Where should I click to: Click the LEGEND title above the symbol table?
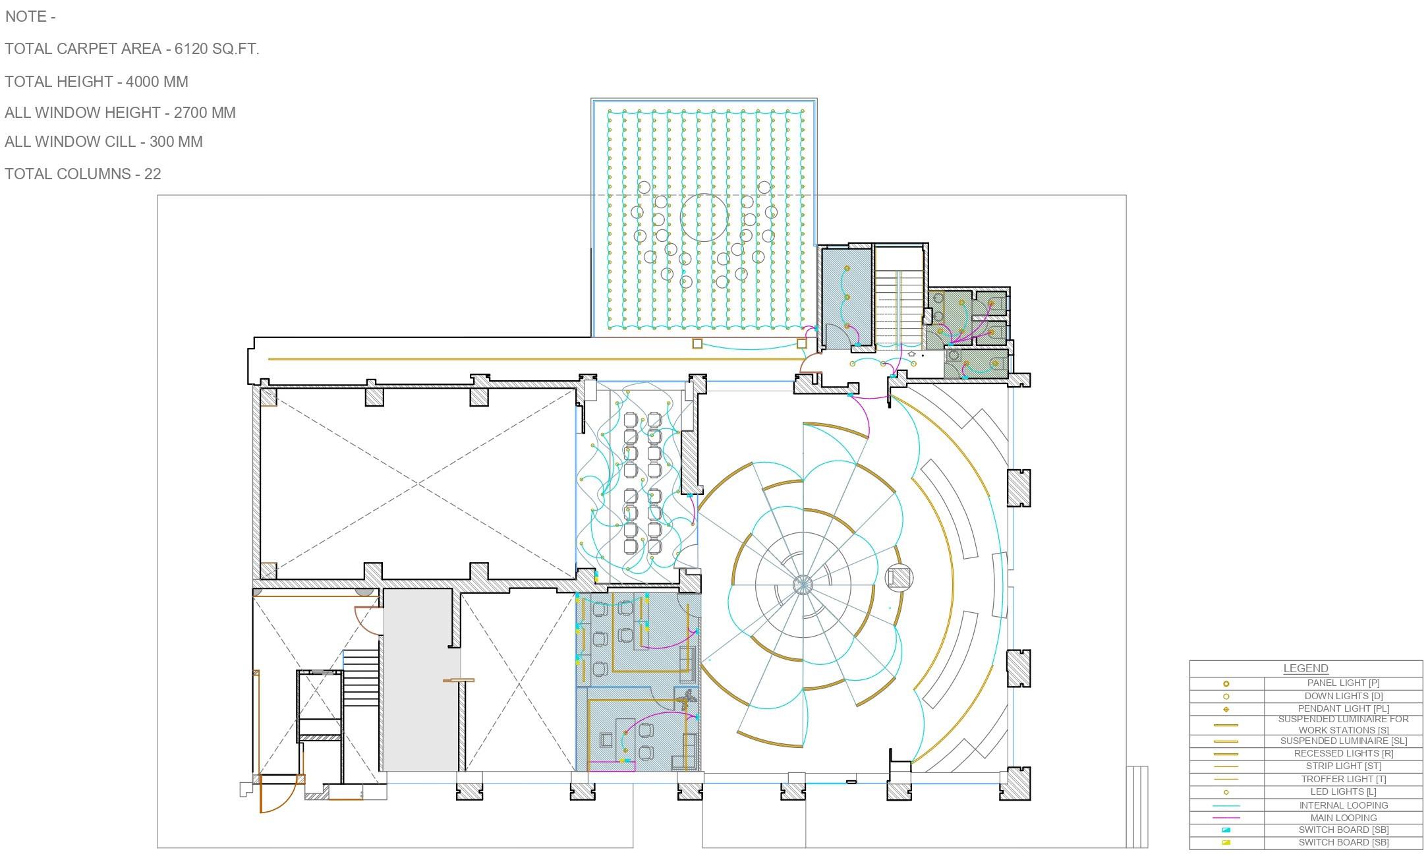[x=1305, y=668]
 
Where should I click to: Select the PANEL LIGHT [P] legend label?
[x=1343, y=683]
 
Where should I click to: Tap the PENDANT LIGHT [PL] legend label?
[x=1343, y=708]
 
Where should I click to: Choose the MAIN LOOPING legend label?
[x=1343, y=818]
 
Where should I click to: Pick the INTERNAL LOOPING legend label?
[x=1343, y=805]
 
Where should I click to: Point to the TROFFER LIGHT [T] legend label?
[x=1343, y=779]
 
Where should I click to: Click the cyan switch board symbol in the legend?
[x=1226, y=830]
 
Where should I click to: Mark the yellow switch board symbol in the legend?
[x=1226, y=843]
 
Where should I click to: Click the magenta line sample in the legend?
[x=1226, y=818]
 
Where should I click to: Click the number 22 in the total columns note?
[x=152, y=174]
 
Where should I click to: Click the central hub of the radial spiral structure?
[x=803, y=585]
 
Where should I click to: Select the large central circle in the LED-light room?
[x=704, y=217]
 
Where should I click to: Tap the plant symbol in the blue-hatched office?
[x=687, y=699]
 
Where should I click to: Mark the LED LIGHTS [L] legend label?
[x=1343, y=792]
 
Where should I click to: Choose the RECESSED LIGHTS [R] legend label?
[x=1343, y=753]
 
